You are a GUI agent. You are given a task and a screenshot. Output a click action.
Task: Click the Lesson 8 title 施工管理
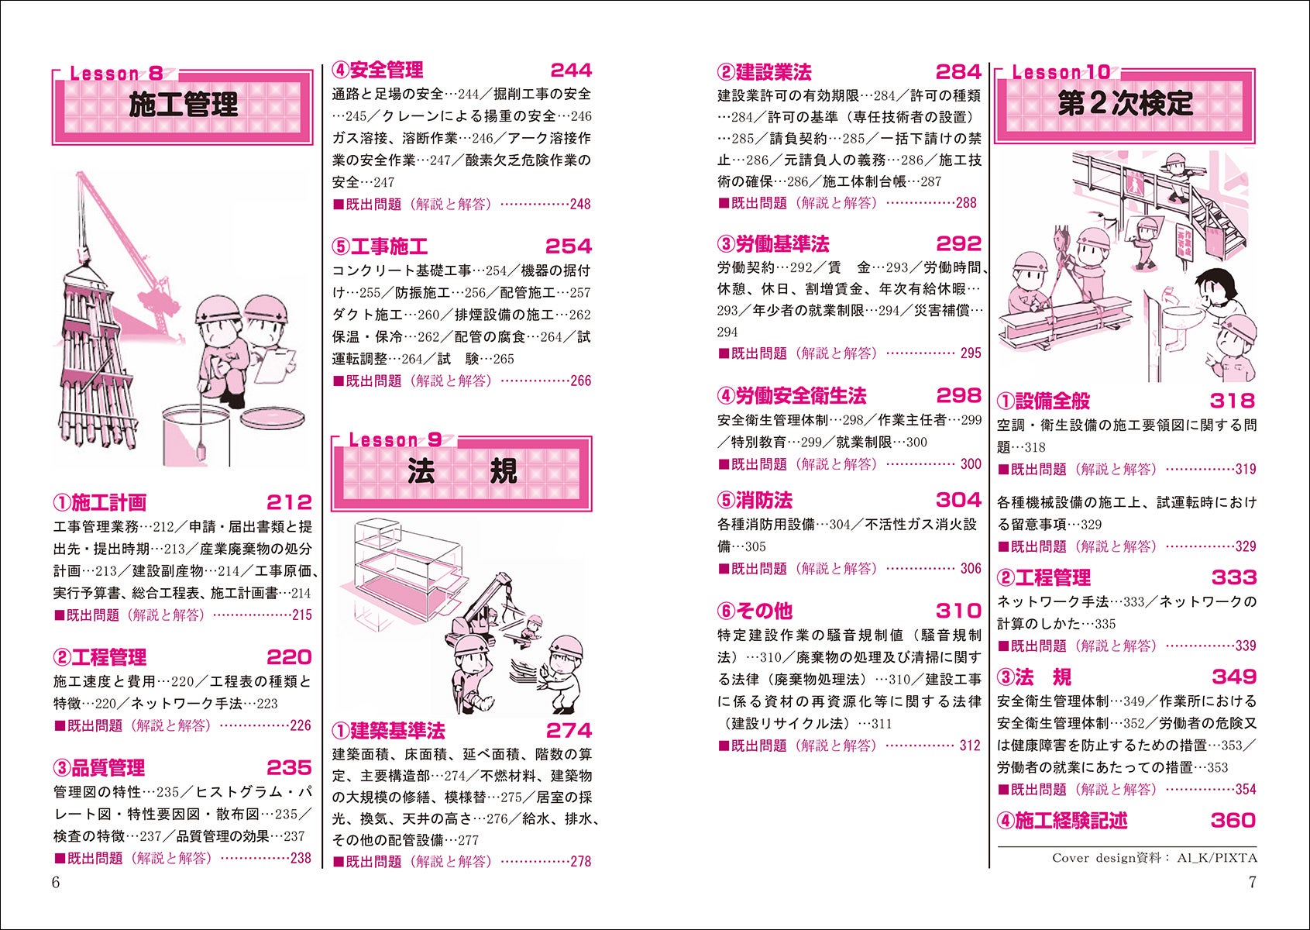(x=183, y=105)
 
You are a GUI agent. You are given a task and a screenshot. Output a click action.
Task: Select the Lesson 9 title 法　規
(x=462, y=471)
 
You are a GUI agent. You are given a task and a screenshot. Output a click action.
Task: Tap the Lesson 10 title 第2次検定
(x=1125, y=104)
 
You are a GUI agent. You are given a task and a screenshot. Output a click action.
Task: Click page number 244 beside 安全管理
(x=571, y=71)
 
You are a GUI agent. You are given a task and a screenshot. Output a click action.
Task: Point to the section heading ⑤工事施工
(x=380, y=247)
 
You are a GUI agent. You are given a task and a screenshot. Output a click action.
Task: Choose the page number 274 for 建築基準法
(x=569, y=731)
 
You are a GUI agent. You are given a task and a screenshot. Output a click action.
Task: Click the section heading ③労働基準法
(x=773, y=244)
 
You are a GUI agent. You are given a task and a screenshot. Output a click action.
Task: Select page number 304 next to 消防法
(x=958, y=500)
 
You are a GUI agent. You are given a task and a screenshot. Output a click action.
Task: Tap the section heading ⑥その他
(x=755, y=611)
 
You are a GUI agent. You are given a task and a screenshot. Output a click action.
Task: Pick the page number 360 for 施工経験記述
(x=1233, y=820)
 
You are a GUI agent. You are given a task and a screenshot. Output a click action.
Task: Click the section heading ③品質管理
(x=99, y=768)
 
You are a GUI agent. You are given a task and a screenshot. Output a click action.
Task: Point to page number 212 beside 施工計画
(x=289, y=502)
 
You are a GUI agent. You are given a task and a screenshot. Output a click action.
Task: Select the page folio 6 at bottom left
(x=55, y=883)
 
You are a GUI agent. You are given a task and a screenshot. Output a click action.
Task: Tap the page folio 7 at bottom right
(x=1252, y=883)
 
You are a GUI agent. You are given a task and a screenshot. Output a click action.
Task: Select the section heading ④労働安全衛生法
(x=792, y=396)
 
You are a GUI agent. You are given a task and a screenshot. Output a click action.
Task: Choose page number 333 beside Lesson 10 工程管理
(x=1234, y=577)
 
